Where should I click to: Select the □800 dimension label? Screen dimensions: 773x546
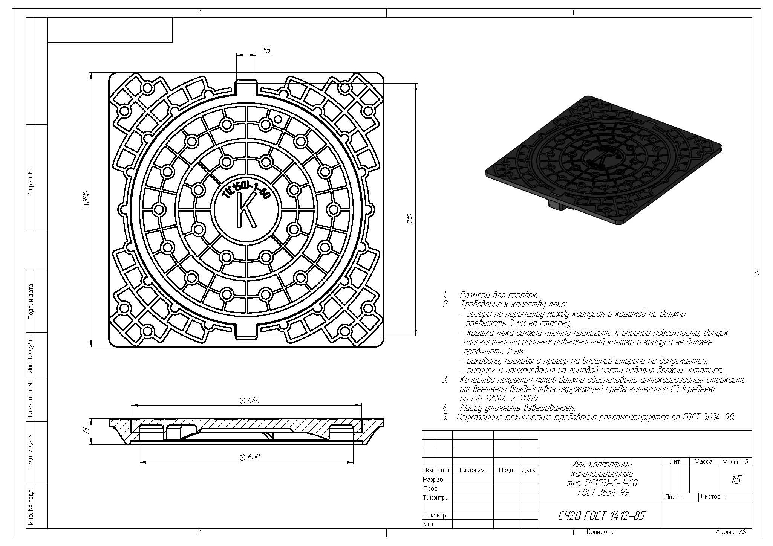click(86, 200)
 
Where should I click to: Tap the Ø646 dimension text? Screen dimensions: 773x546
click(249, 400)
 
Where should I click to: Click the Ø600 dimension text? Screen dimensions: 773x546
click(250, 457)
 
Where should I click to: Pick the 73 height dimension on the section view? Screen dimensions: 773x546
click(86, 430)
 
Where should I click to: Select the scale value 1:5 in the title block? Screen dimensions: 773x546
click(735, 480)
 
